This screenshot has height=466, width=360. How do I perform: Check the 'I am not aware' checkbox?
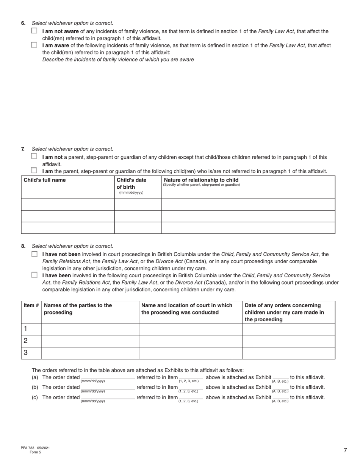pos(34,31)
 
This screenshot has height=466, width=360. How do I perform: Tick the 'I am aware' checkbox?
pos(34,45)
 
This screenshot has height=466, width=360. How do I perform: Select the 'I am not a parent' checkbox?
pos(34,156)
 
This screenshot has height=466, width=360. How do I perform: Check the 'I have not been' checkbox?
pos(34,254)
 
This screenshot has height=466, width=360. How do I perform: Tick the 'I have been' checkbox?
pos(34,275)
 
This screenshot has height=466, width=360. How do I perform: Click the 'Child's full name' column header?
pos(45,180)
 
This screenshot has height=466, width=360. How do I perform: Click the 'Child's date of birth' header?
pos(131,183)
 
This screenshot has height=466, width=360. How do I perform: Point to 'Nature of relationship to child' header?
pos(201,180)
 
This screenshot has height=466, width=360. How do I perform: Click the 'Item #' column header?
pos(31,305)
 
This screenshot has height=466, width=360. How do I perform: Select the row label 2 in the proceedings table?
pos(26,341)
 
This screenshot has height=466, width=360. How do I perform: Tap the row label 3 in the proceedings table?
pos(26,353)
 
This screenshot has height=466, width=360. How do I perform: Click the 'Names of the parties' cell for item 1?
pos(90,329)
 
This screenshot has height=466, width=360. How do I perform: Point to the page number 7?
pos(345,450)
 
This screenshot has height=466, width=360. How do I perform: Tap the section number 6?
pos(23,23)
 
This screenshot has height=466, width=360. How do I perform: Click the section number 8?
pos(23,246)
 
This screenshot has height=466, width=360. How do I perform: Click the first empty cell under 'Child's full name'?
pos(67,204)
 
